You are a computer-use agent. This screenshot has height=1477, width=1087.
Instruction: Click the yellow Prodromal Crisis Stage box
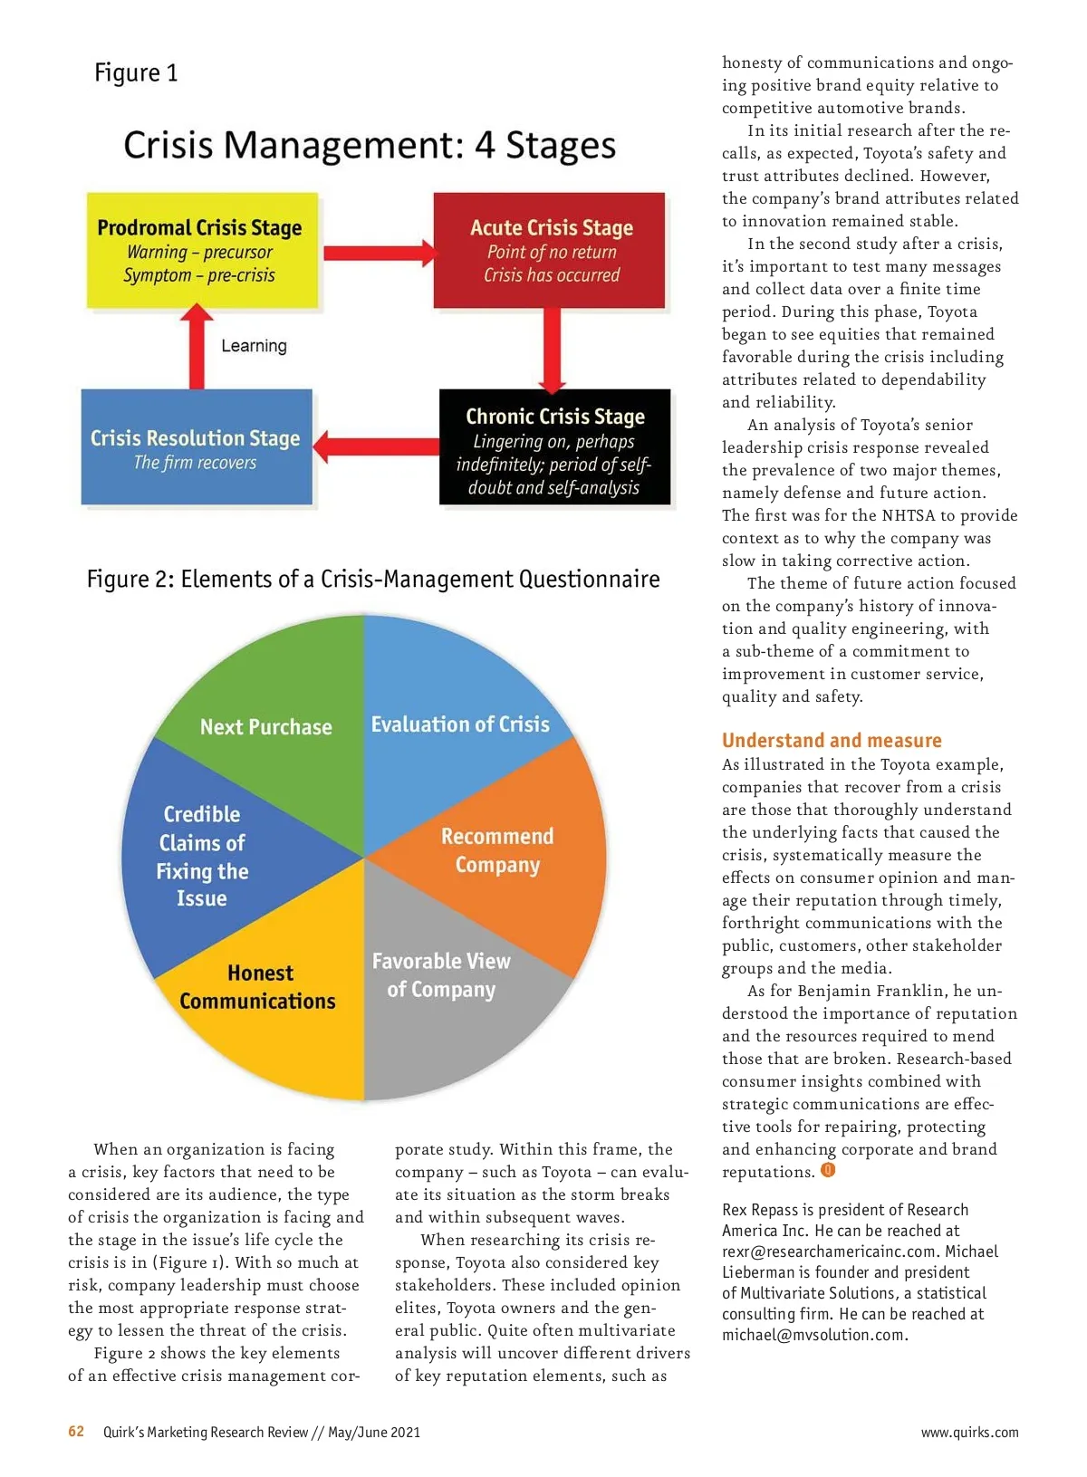(x=202, y=251)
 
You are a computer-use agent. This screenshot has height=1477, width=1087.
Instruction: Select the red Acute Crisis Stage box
(x=550, y=251)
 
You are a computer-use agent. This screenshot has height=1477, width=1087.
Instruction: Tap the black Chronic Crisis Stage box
(x=554, y=447)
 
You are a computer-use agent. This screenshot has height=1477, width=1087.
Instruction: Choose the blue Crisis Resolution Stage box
(x=197, y=447)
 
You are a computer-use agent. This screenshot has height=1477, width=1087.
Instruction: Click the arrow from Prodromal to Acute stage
(x=377, y=252)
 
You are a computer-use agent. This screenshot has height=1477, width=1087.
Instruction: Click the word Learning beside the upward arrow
(x=254, y=346)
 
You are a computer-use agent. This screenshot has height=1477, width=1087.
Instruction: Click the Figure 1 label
(x=136, y=72)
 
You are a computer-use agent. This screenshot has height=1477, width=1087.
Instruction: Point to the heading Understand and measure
(x=832, y=740)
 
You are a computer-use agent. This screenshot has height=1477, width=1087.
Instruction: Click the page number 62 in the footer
(x=76, y=1432)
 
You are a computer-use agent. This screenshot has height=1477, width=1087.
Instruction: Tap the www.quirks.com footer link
(x=969, y=1433)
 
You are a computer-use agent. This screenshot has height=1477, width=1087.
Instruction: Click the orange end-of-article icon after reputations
(x=828, y=1170)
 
